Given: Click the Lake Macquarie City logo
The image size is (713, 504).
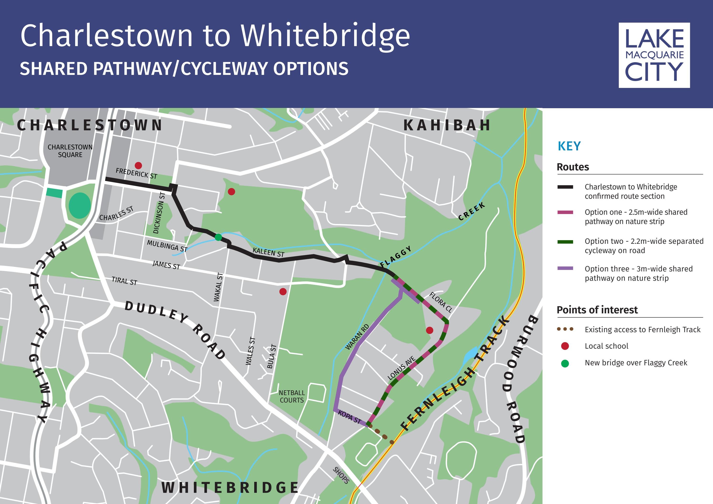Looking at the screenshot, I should (x=654, y=55).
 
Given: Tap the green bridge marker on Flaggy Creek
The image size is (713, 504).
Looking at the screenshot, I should (x=218, y=237).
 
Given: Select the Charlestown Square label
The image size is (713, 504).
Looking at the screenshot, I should (x=70, y=151).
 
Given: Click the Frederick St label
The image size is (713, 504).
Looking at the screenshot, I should (x=136, y=173).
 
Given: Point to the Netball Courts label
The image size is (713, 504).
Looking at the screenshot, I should (x=292, y=397).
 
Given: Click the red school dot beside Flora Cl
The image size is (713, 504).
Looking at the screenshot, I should (x=429, y=330).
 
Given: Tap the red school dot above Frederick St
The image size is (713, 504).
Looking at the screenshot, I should (x=139, y=165).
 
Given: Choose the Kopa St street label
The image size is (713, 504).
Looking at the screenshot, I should (x=350, y=417).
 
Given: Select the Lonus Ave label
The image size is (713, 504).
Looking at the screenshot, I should (x=402, y=369).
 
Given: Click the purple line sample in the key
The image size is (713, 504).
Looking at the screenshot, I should (x=565, y=268).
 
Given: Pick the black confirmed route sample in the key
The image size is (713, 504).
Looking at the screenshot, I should (x=565, y=187).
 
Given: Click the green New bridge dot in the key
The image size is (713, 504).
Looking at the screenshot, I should (x=565, y=363).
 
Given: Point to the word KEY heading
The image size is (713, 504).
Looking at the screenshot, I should (x=569, y=146).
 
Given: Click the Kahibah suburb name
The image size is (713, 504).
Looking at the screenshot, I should (x=447, y=125).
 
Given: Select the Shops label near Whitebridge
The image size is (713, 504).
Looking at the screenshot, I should (x=341, y=475).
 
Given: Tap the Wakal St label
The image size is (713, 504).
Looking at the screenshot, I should (x=218, y=287).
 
